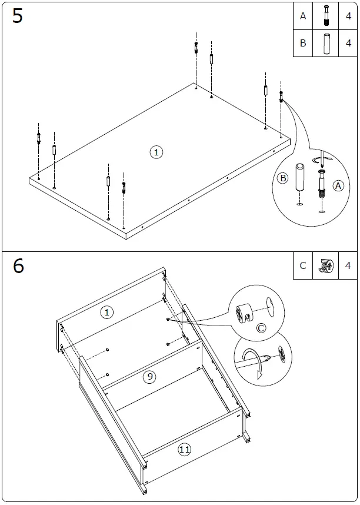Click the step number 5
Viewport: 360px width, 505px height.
coord(18,16)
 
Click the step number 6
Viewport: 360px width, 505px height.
coord(18,266)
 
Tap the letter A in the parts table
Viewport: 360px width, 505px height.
coord(303,16)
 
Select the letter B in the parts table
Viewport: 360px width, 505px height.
coord(303,43)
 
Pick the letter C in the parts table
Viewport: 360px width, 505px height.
coord(303,265)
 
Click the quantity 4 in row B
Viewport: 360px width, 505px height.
coord(348,43)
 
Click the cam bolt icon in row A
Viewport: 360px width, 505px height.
coord(325,16)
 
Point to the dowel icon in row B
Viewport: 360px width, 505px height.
coord(325,43)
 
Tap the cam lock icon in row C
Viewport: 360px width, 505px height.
coord(325,265)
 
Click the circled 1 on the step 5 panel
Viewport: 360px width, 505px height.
coord(156,152)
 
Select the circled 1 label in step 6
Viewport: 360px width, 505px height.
coord(106,313)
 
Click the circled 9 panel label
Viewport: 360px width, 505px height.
coord(150,377)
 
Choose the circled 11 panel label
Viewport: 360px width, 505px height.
coord(185,450)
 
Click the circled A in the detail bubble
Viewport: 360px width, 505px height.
coord(338,185)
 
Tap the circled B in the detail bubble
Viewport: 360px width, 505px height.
coord(282,178)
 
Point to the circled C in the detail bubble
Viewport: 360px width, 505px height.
coord(261,328)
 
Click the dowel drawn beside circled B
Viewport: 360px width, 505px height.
coord(299,178)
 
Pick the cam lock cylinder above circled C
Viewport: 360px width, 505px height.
coord(245,313)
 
